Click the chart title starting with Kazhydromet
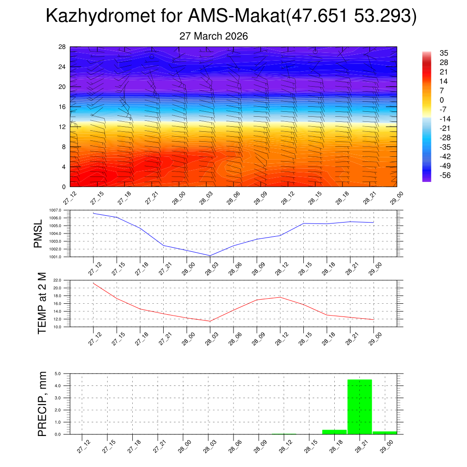[231, 17]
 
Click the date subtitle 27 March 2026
[214, 36]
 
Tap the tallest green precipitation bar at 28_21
[360, 406]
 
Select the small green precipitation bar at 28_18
[334, 432]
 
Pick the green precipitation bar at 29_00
[384, 432]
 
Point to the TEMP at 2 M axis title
[42, 303]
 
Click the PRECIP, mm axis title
[42, 404]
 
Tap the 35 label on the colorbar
[444, 53]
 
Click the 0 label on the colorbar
[441, 100]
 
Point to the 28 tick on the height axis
[62, 47]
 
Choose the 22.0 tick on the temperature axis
[62, 280]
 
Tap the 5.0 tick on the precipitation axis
[58, 374]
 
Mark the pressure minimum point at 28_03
[210, 255]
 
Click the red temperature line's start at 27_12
[93, 283]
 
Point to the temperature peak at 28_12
[280, 297]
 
